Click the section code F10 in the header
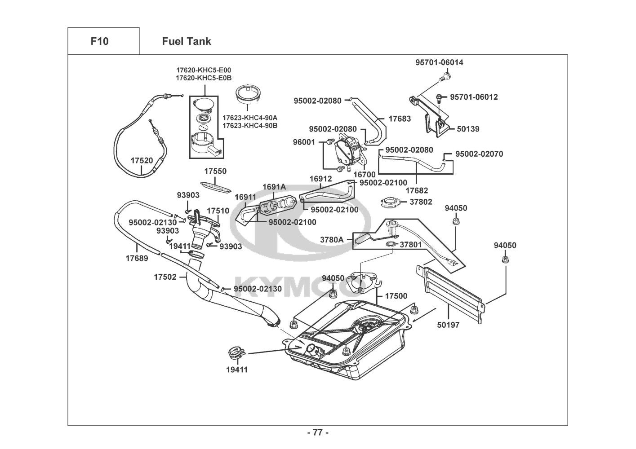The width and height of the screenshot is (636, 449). tap(99, 41)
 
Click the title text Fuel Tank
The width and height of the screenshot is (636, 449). tap(186, 41)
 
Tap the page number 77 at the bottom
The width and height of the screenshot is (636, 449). tap(318, 432)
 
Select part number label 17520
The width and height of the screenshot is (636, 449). tap(142, 160)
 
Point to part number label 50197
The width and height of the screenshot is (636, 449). tap(448, 325)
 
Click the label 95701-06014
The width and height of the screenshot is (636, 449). tap(439, 62)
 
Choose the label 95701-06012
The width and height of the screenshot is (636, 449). tap(474, 97)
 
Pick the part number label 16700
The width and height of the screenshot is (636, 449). tap(364, 174)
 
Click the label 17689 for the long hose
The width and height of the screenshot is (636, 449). tap(137, 258)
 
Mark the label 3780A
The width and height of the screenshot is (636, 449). tap(332, 240)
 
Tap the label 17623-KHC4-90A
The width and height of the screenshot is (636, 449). tap(250, 118)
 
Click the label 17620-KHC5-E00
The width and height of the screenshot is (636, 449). tap(204, 70)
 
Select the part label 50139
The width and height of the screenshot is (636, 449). tap(468, 129)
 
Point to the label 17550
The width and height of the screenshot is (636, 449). tap(215, 172)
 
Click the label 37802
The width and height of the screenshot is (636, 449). tap(421, 202)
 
